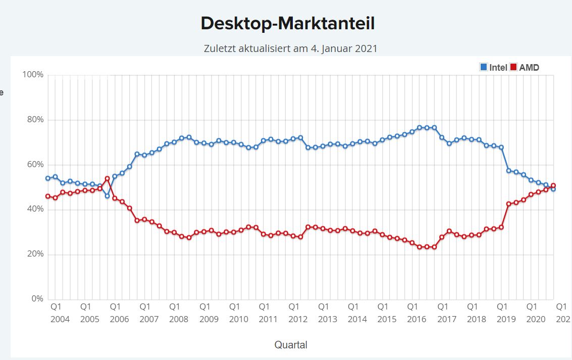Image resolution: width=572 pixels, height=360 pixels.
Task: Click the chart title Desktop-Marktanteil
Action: click(x=287, y=23)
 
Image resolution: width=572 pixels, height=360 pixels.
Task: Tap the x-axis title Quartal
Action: click(x=291, y=345)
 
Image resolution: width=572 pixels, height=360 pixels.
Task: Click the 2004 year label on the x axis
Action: click(x=60, y=319)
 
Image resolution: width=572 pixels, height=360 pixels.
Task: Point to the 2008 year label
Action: click(x=179, y=319)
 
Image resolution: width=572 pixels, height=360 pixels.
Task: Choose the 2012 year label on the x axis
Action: click(x=298, y=319)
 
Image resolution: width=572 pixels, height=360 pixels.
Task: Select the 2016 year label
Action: click(x=417, y=319)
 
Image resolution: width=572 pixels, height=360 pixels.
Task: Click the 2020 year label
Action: click(x=536, y=319)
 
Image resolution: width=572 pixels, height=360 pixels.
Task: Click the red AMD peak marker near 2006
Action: click(x=107, y=179)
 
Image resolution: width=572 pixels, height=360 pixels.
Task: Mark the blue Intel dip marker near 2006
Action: click(x=107, y=196)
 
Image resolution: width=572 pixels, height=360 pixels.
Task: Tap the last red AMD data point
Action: click(x=553, y=185)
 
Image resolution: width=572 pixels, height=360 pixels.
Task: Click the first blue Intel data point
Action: click(x=48, y=178)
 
